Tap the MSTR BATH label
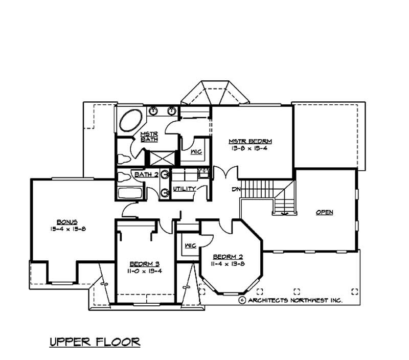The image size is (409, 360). (x=150, y=137)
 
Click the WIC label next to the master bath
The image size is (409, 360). (x=195, y=152)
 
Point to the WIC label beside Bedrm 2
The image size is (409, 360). (x=190, y=246)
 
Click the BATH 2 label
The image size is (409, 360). (x=145, y=174)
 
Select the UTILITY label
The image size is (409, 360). (x=184, y=189)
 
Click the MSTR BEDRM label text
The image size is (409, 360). (x=250, y=141)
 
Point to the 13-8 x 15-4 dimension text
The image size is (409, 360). (x=250, y=148)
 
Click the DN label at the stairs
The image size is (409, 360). (x=236, y=189)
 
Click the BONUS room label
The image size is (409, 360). (x=66, y=222)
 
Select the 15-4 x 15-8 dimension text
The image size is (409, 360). (x=67, y=229)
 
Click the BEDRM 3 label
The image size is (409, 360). (x=145, y=264)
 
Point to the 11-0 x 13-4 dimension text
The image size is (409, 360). (x=145, y=271)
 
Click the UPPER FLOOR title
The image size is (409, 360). (x=95, y=342)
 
